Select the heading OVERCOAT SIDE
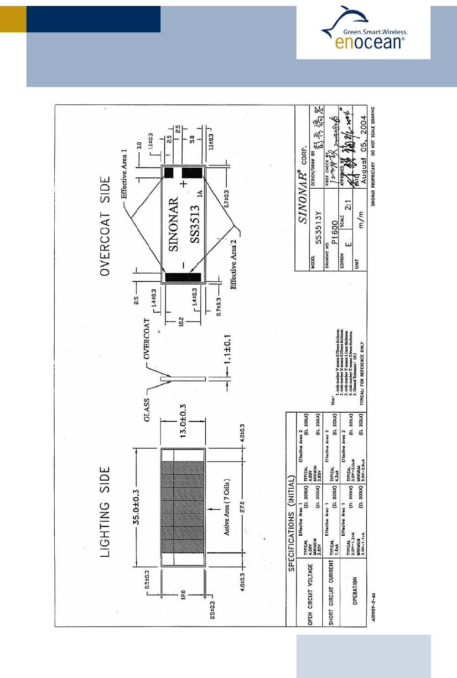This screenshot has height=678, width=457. (105, 226)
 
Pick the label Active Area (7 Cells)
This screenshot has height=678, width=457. (227, 507)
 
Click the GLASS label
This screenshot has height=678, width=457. (146, 410)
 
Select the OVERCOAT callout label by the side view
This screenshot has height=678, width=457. (146, 339)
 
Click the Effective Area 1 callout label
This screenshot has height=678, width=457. (124, 174)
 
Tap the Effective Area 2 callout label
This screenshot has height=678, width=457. (234, 264)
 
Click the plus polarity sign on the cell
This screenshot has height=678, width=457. (183, 184)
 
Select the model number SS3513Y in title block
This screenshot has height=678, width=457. (318, 227)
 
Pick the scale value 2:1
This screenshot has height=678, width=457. (348, 205)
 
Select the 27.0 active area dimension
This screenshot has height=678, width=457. (243, 507)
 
